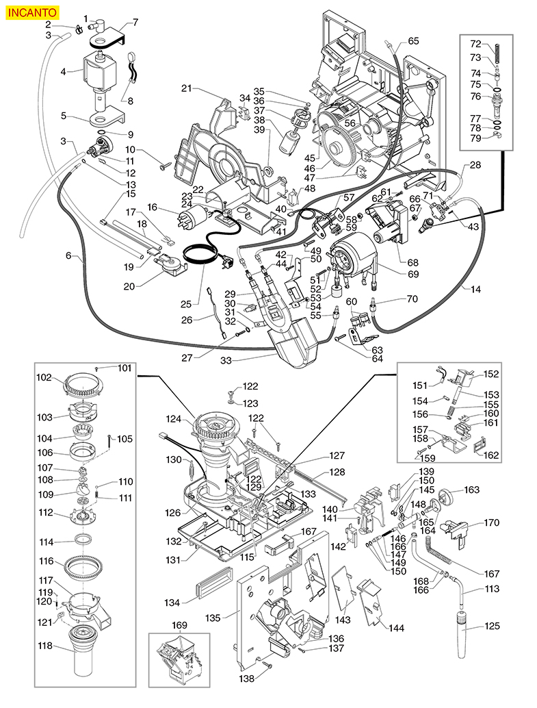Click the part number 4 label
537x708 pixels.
pos(64,72)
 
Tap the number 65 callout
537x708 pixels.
pos(413,41)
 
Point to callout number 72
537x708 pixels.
pos(475,44)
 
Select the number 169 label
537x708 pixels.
pos(179,624)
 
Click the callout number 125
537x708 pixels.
pos(492,626)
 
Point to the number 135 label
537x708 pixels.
pos(213,618)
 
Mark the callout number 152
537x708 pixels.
pos(491,374)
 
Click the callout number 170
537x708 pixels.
pos(491,523)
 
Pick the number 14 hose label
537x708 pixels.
pos(475,290)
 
